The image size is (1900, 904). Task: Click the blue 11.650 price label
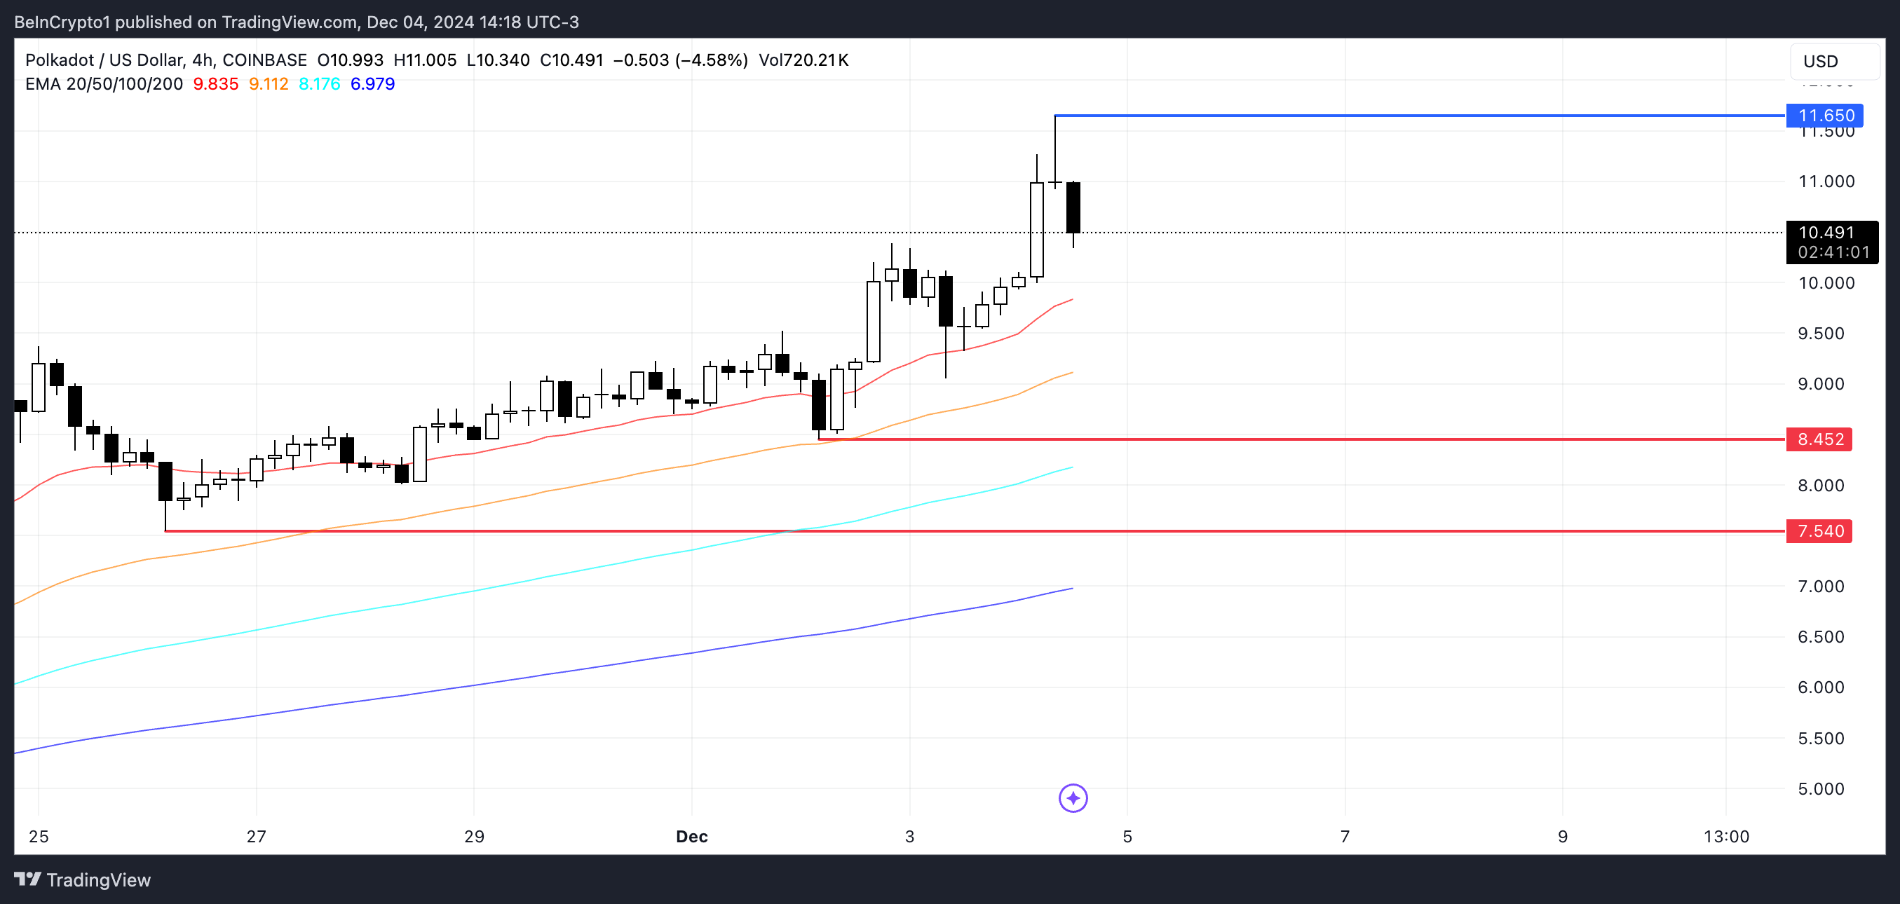[x=1825, y=116]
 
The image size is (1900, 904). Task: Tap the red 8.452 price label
[x=1819, y=439]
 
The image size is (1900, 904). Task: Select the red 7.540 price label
[x=1819, y=531]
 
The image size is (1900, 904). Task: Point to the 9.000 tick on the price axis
[x=1826, y=384]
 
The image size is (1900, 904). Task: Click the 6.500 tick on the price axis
[x=1826, y=637]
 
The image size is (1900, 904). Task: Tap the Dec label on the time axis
[x=691, y=836]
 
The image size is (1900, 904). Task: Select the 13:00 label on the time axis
[x=1726, y=836]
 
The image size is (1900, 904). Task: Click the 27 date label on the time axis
[x=256, y=836]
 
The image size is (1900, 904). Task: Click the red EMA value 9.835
[x=215, y=84]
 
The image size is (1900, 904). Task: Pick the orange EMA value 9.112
[x=269, y=84]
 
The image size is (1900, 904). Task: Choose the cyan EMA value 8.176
[x=320, y=84]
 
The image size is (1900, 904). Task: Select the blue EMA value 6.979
[x=372, y=84]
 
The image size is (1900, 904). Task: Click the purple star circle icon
[x=1073, y=797]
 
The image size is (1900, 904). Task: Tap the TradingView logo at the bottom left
[x=83, y=879]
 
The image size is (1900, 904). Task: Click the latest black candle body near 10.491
[x=1073, y=207]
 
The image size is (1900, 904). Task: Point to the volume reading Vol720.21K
[x=803, y=60]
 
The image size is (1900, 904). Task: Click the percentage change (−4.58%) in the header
[x=711, y=60]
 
